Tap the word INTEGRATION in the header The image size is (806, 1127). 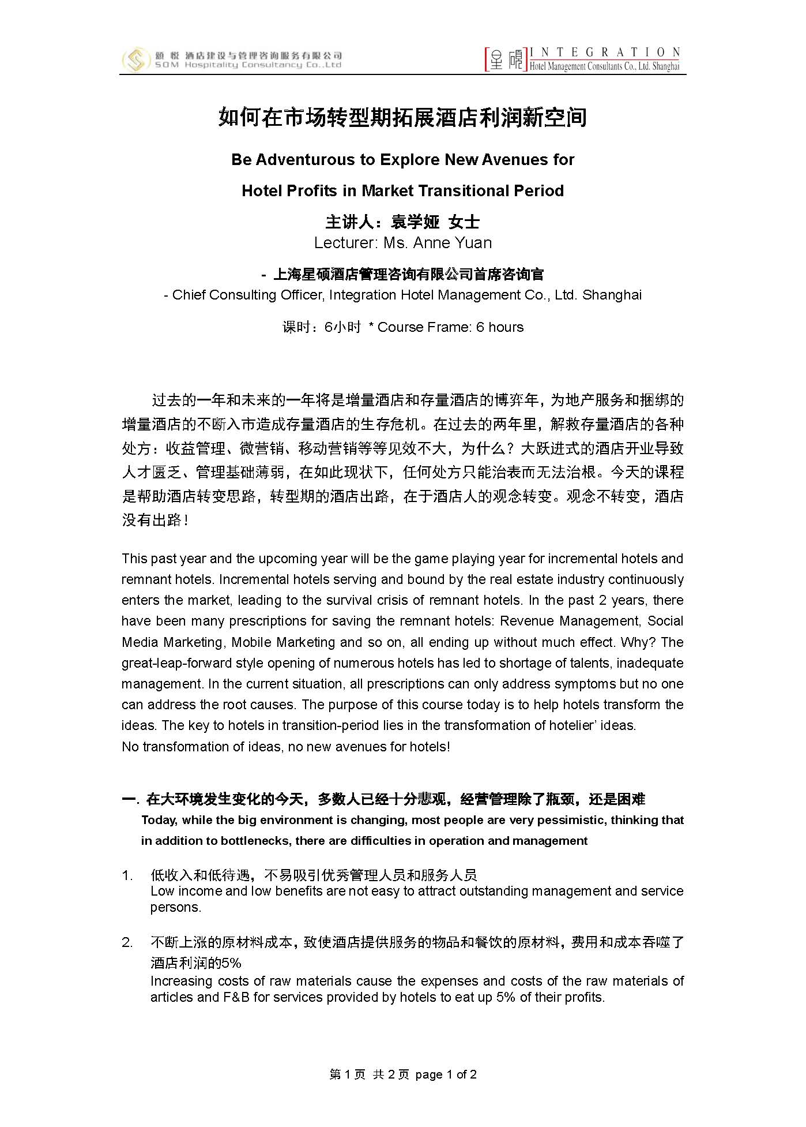pos(605,52)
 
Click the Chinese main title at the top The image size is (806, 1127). pos(402,118)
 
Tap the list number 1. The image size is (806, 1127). pos(127,875)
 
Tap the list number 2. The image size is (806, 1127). pos(127,942)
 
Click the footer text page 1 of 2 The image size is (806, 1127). pos(446,1074)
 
